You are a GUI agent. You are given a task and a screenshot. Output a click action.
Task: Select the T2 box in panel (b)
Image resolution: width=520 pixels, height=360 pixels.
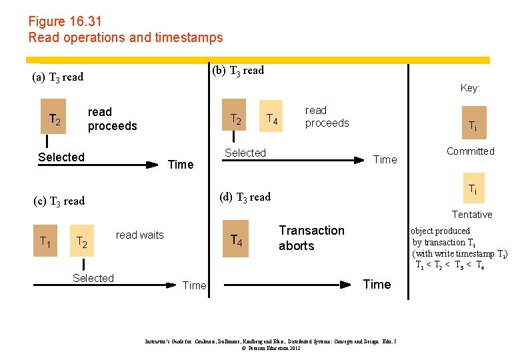tap(235, 119)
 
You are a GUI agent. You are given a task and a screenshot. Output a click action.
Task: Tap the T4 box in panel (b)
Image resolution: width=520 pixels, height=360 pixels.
tap(271, 119)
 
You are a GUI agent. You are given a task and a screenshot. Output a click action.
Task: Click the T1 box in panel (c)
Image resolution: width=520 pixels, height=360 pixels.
tap(45, 241)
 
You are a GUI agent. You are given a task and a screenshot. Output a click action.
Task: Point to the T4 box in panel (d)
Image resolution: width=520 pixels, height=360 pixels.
tap(235, 239)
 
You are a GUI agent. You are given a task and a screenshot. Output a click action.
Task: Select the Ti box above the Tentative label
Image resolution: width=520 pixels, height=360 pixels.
tap(471, 189)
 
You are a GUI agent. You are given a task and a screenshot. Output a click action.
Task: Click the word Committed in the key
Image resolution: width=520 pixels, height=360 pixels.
tap(471, 151)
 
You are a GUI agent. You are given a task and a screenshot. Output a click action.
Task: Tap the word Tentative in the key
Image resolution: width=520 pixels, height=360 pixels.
tap(472, 215)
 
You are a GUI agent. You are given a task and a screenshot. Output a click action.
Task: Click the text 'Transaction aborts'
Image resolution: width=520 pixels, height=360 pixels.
tap(311, 238)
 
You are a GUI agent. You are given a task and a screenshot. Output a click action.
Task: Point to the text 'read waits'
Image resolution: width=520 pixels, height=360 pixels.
tap(139, 235)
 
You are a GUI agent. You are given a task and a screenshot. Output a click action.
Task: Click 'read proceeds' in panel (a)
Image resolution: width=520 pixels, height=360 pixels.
tap(112, 119)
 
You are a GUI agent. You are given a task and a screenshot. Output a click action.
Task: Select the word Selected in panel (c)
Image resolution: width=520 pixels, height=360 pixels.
tap(93, 278)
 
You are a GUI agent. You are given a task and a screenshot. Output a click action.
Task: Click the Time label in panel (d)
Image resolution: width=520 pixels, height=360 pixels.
tap(377, 285)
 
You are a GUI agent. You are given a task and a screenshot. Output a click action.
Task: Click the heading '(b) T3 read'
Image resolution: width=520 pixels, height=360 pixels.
tap(237, 70)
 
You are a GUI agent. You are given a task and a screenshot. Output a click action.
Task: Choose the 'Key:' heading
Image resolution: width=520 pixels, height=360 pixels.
tap(470, 88)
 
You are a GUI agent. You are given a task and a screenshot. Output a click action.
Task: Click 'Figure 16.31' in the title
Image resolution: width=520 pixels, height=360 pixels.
tap(65, 22)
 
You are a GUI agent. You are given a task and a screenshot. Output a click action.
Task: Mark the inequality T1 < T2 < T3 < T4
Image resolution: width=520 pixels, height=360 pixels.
tap(450, 265)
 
